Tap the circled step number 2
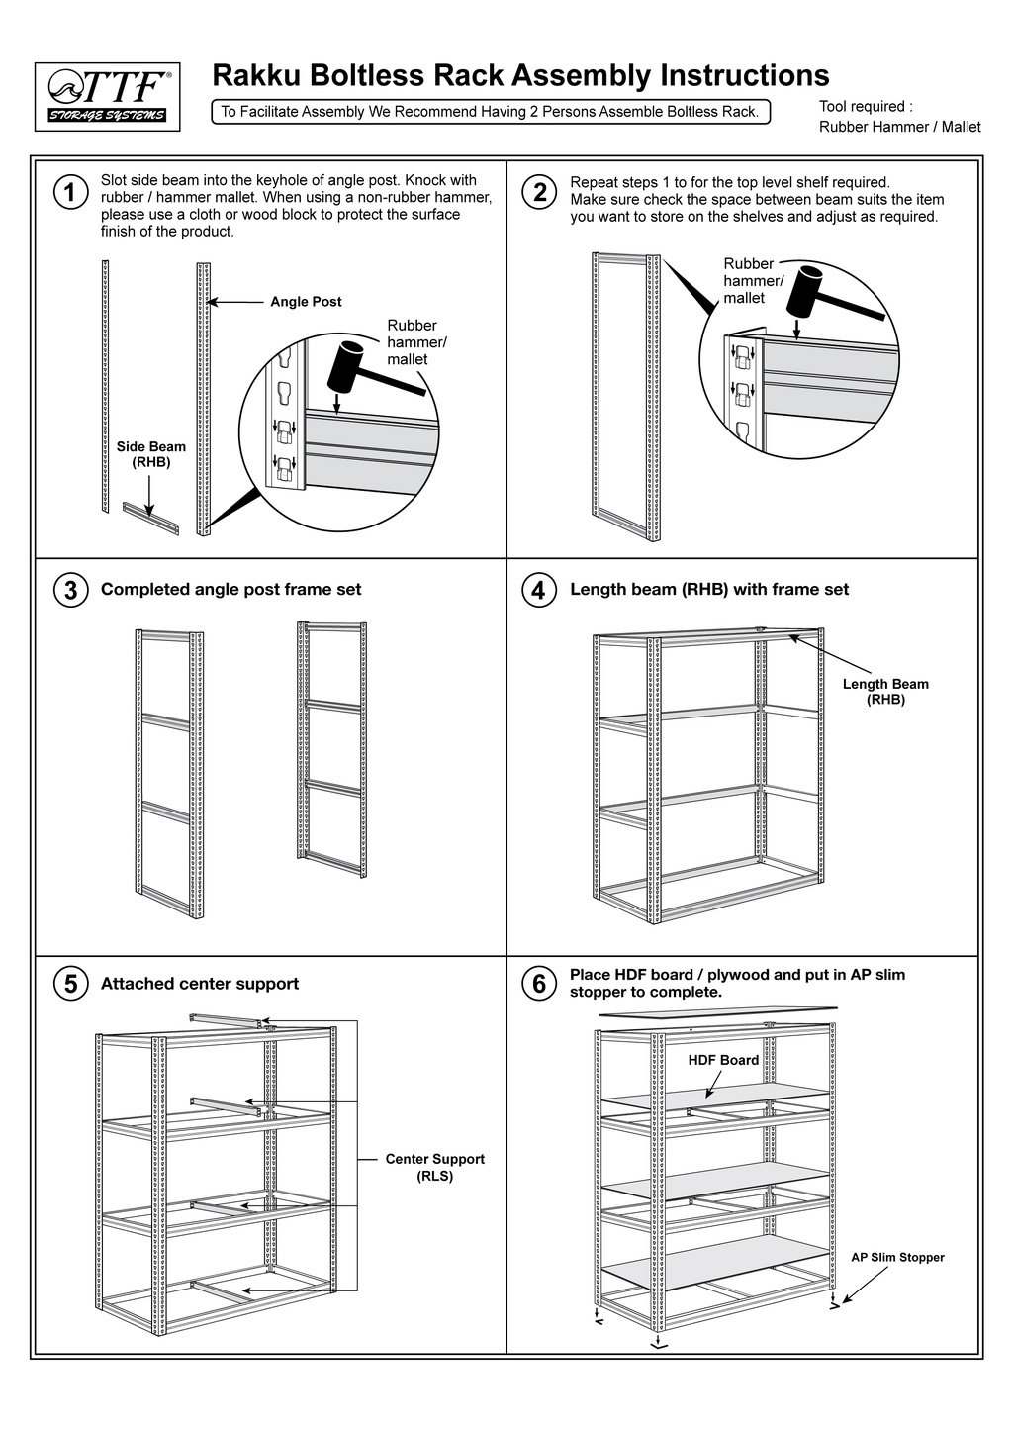pos(540,192)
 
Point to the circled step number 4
pos(538,591)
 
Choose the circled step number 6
pos(538,985)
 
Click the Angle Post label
pos(306,302)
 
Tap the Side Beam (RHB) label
pos(151,454)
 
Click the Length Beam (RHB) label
pos(885,692)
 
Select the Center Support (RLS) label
pos(434,1167)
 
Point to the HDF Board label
pos(723,1060)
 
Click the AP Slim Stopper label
pos(897,1258)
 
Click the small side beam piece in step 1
pos(150,516)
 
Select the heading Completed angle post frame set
pos(230,590)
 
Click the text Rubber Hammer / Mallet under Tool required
pos(899,127)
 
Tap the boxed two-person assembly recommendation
pos(490,112)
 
